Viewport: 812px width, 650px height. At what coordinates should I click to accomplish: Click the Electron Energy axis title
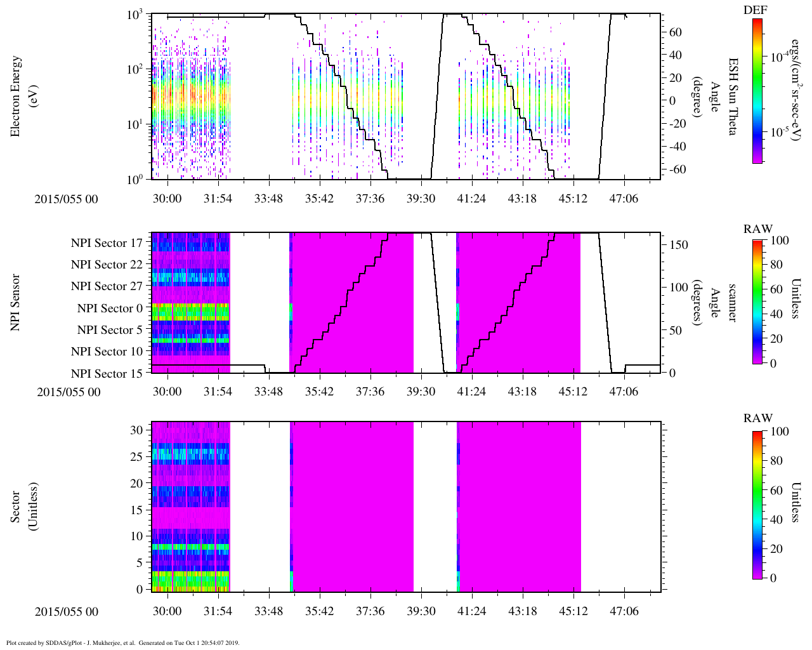[x=16, y=96]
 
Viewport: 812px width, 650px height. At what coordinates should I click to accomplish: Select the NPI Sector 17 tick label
[x=107, y=243]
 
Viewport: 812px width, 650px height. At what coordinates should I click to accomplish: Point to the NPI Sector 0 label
[x=110, y=308]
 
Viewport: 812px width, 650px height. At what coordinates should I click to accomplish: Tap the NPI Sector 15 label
[x=107, y=374]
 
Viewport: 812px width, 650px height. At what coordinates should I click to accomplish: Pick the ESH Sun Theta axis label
[x=733, y=96]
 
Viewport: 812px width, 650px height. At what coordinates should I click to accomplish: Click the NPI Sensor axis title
[x=16, y=302]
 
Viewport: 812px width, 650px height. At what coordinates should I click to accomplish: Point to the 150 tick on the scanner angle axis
[x=679, y=244]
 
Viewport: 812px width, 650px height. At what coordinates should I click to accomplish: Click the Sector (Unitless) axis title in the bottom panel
[x=23, y=507]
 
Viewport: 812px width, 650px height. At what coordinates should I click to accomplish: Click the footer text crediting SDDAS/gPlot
[x=122, y=642]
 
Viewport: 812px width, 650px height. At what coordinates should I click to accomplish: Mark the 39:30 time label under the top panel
[x=421, y=199]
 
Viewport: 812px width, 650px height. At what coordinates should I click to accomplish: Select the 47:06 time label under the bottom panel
[x=624, y=611]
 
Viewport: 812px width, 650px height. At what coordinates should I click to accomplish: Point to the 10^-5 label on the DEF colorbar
[x=780, y=132]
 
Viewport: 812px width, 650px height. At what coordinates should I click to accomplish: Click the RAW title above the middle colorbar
[x=758, y=229]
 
